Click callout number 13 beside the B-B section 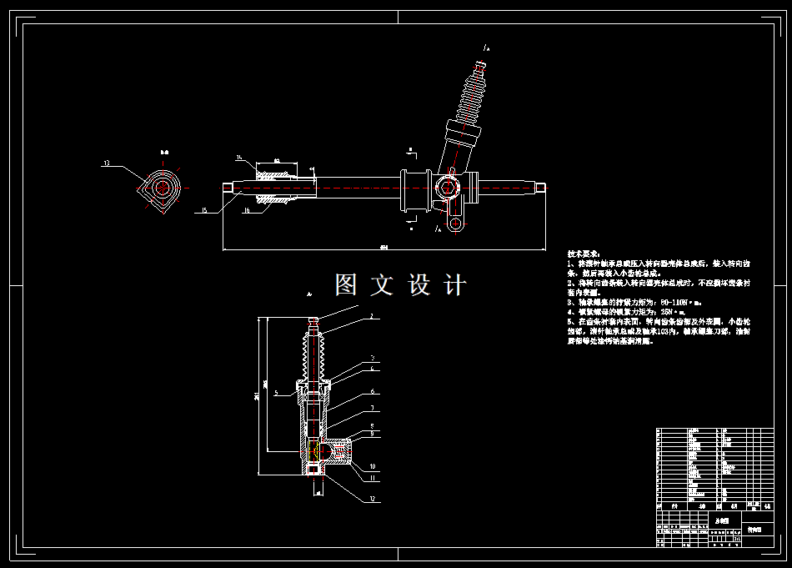click(x=106, y=163)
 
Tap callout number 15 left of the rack click(x=203, y=210)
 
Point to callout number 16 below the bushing click(x=246, y=212)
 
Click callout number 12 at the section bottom click(x=372, y=499)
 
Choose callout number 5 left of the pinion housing click(x=276, y=391)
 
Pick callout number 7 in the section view click(x=373, y=408)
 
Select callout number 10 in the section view click(x=373, y=465)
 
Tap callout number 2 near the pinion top click(x=372, y=317)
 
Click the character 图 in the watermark click(x=346, y=285)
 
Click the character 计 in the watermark click(x=455, y=285)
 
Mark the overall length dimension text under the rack click(x=383, y=247)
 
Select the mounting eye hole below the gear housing click(x=454, y=224)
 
